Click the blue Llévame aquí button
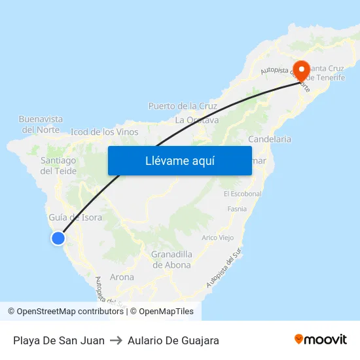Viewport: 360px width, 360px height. (179, 160)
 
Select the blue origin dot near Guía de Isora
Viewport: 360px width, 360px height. (58, 238)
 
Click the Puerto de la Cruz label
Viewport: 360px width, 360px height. (183, 105)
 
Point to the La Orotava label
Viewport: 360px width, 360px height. (196, 120)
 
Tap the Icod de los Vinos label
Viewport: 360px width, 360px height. (104, 132)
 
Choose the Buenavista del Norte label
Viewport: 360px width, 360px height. (41, 124)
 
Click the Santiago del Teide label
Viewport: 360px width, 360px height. (58, 165)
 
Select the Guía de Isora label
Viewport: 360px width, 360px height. (75, 217)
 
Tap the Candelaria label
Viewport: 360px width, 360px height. (270, 139)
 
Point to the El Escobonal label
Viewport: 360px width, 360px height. (242, 194)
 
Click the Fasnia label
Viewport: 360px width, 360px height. (236, 209)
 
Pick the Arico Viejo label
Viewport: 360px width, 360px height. (217, 238)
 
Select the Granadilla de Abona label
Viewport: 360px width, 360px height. (171, 259)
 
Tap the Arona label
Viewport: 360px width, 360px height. (122, 277)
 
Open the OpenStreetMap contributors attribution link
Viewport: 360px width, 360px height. (69, 312)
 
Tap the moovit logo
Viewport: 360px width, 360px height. (320, 340)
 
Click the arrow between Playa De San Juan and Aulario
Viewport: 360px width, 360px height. (116, 340)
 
